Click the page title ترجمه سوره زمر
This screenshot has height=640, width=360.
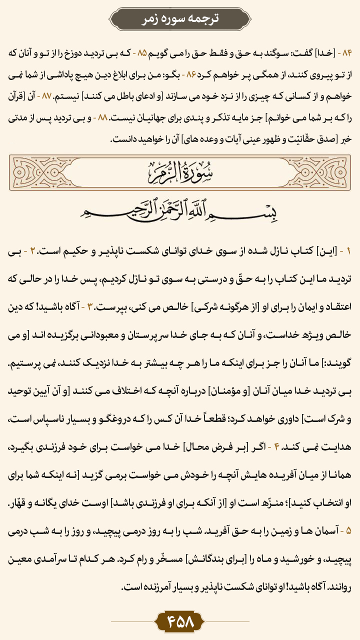click(x=180, y=18)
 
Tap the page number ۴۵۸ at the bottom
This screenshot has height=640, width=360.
click(x=180, y=621)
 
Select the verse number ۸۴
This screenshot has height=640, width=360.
click(x=345, y=52)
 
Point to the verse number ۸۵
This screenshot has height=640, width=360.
click(x=142, y=52)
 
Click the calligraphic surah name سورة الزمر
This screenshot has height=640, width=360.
click(x=180, y=173)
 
